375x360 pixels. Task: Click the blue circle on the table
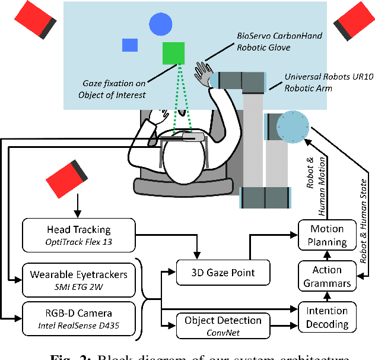[x=160, y=24]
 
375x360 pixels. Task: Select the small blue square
[x=130, y=45]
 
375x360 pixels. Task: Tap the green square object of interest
[x=174, y=53]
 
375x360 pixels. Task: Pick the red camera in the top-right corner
[x=353, y=21]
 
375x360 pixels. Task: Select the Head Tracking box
[x=79, y=234]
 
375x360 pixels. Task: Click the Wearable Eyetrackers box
[x=79, y=279]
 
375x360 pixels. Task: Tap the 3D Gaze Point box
[x=224, y=273]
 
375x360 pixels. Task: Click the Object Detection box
[x=224, y=325]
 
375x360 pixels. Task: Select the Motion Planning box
[x=328, y=235]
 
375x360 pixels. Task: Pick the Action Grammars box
[x=328, y=276]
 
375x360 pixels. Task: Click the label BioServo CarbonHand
[x=279, y=36]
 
